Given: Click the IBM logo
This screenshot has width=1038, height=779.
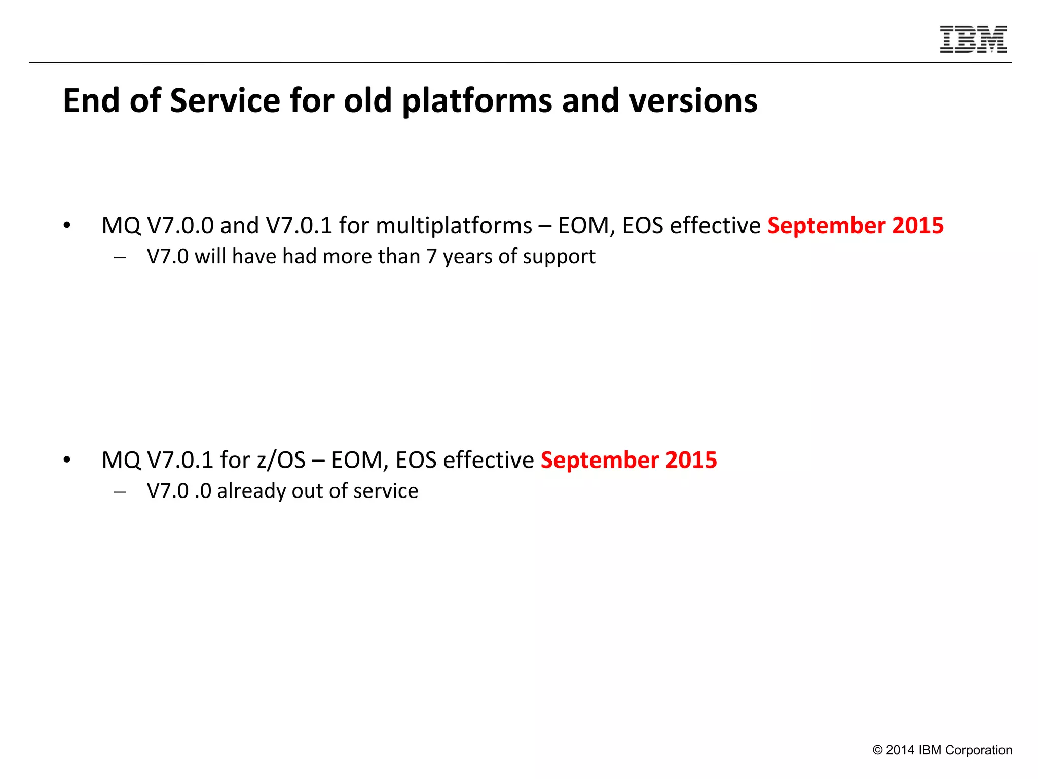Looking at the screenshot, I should (973, 39).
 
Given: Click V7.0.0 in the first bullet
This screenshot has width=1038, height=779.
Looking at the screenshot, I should (180, 226).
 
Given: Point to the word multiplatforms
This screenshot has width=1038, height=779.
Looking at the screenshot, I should (454, 226).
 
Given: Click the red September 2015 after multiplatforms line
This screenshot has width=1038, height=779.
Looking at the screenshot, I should (855, 226).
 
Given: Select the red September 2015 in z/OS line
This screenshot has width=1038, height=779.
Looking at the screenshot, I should (628, 460).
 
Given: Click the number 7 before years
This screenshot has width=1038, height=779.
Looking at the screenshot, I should (431, 257).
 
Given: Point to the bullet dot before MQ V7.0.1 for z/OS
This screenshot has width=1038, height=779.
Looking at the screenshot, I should (67, 460).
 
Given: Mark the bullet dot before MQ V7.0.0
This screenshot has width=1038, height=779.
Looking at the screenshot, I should (67, 226).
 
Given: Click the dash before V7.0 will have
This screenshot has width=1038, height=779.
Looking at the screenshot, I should (120, 258).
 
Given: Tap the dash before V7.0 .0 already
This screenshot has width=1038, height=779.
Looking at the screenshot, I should (120, 492).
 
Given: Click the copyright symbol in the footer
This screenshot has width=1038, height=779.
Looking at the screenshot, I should (877, 750).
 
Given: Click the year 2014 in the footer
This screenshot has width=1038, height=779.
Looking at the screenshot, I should (900, 750).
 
